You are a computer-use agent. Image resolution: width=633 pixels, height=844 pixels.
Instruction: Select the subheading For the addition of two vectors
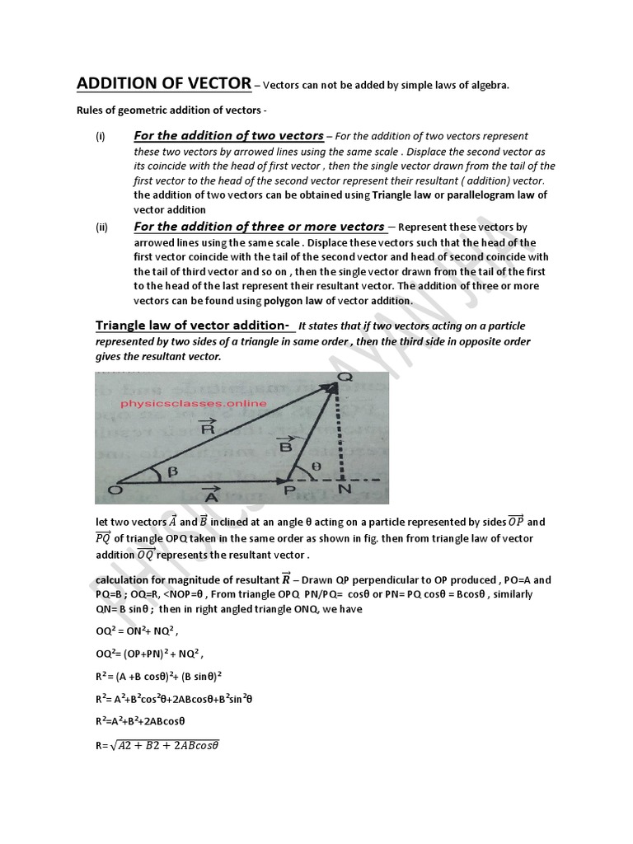point(228,135)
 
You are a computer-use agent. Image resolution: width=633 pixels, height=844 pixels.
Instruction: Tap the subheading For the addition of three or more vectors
point(260,226)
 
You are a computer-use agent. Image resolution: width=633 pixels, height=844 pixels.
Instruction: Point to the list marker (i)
point(100,137)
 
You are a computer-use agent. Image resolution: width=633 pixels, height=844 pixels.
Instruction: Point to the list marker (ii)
point(101,227)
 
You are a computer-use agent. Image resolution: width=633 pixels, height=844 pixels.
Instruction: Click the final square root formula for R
point(157,746)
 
